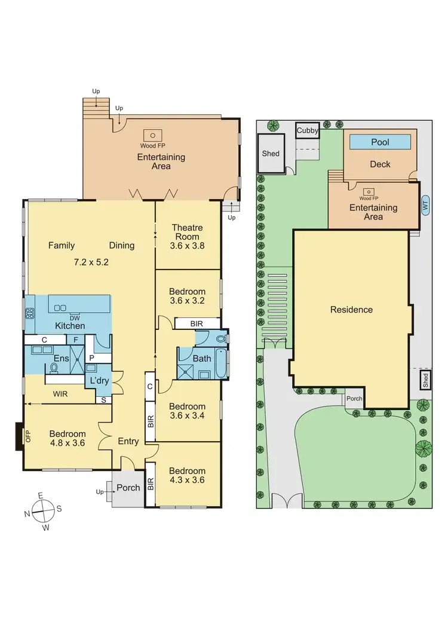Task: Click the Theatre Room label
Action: coord(187,228)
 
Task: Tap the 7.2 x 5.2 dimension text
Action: coord(91,262)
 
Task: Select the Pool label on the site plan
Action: coord(380,142)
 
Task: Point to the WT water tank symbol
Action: coord(425,204)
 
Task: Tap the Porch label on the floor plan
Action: coord(128,488)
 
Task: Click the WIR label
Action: coord(59,395)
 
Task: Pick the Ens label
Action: coord(62,359)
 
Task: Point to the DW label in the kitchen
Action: coord(75,317)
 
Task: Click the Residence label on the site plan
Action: coord(351,310)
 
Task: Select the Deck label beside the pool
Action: coord(379,164)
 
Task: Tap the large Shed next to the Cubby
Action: coord(271,154)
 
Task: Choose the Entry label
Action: coord(128,442)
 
